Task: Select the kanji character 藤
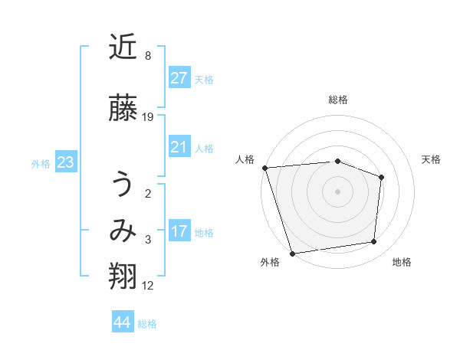point(123,109)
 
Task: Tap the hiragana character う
point(123,185)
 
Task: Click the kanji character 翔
point(123,277)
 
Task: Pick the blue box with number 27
point(179,78)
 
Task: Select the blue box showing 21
point(179,147)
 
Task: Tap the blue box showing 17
point(179,231)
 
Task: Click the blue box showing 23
point(65,162)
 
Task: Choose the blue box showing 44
point(122,322)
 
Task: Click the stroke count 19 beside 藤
point(148,117)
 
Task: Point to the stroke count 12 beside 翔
point(148,286)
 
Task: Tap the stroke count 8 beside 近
point(148,56)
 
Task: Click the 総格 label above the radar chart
point(338,100)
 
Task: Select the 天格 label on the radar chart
point(432,159)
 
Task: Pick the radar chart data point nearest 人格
point(264,168)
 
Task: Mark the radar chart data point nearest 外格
point(292,253)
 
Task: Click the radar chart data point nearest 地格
point(374,242)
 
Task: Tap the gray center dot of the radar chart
point(338,191)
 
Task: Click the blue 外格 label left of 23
point(40,163)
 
